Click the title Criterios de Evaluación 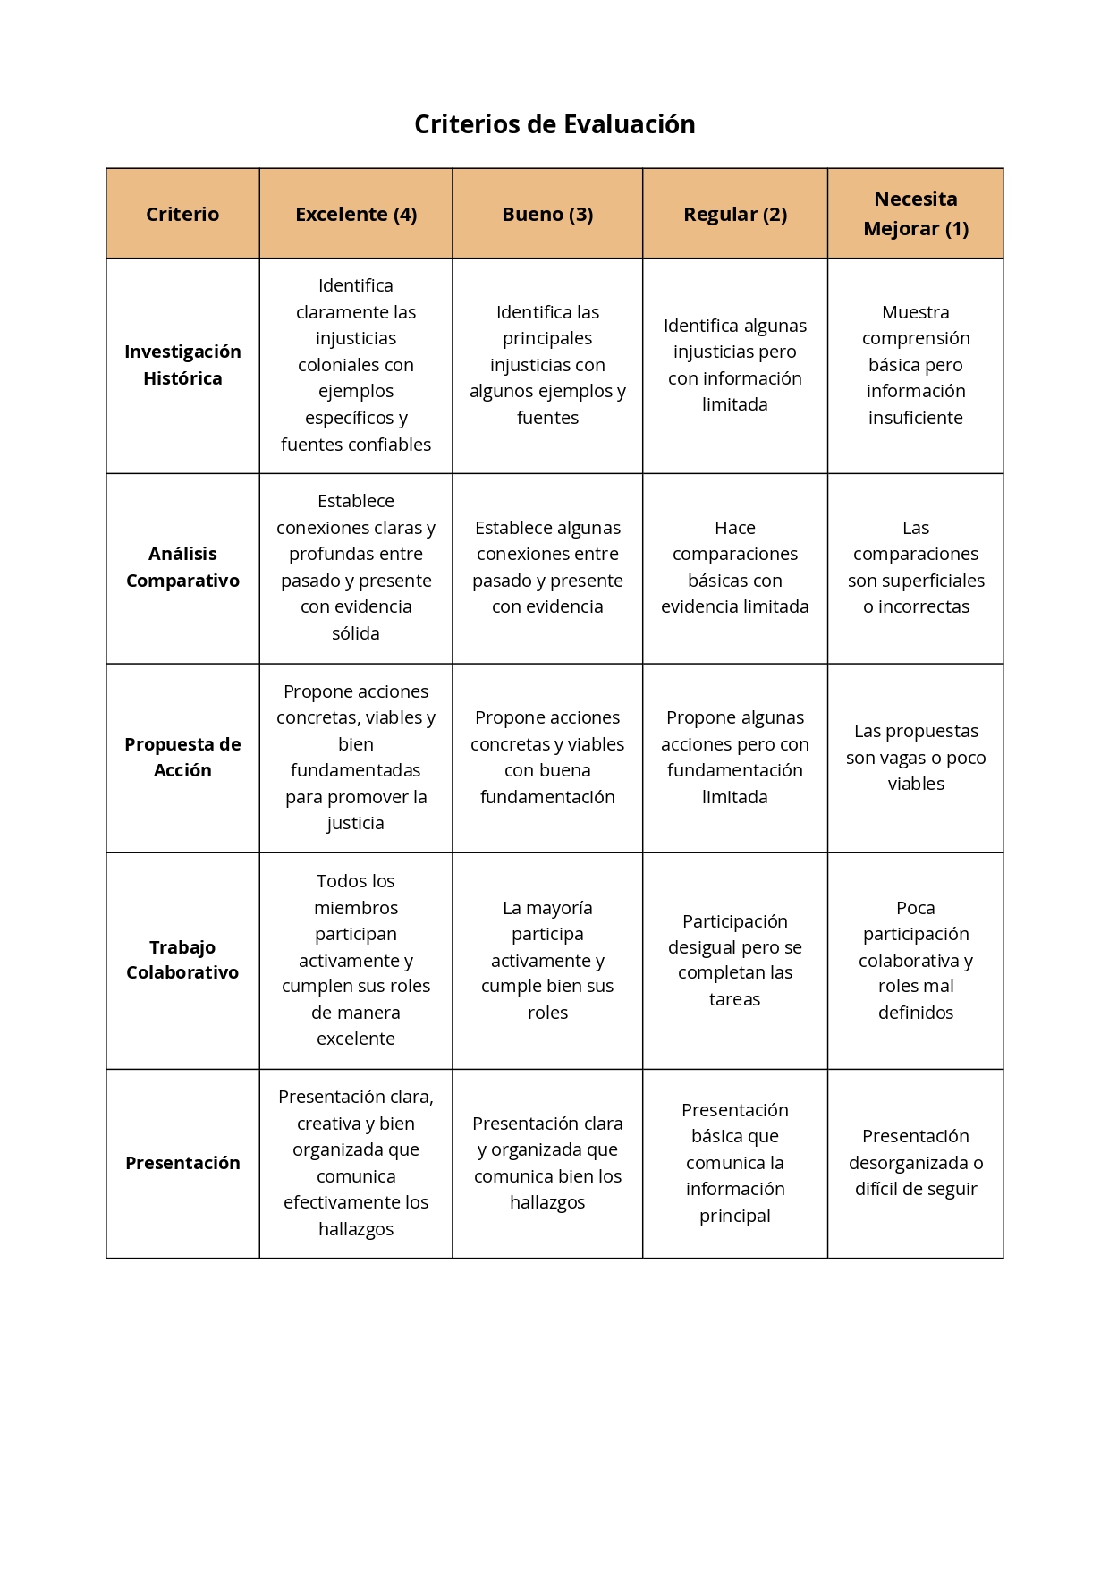coord(554,124)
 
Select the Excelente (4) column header coord(356,215)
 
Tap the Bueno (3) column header coord(547,215)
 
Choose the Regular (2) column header coord(735,215)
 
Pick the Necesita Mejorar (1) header coord(915,214)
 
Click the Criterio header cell coord(182,215)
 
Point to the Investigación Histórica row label coord(182,365)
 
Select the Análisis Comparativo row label coord(182,567)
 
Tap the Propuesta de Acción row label coord(182,758)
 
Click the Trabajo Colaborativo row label coord(182,960)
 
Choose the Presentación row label coord(182,1163)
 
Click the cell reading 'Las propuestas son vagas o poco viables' coord(915,758)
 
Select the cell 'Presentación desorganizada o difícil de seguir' coord(915,1163)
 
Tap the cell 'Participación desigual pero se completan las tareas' coord(735,960)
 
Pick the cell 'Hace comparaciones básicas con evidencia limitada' coord(735,567)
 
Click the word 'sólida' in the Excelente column coord(356,633)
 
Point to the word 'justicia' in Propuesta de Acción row coord(356,823)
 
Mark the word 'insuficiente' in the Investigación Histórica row coord(915,418)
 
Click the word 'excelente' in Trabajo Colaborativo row coord(356,1039)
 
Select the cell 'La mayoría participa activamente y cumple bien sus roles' coord(547,960)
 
